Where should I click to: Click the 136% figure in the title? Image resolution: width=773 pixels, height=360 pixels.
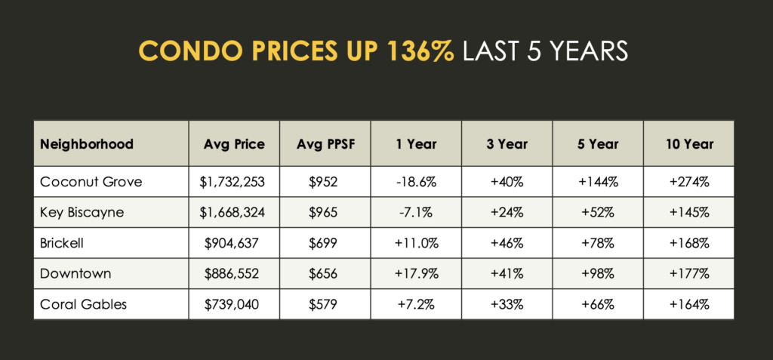click(420, 51)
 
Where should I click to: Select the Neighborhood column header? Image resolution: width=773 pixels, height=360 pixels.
click(87, 144)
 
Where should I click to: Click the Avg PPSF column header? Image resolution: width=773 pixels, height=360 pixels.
click(325, 144)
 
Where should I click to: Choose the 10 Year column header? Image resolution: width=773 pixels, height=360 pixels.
click(688, 144)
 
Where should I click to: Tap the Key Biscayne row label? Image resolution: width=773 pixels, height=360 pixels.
click(82, 213)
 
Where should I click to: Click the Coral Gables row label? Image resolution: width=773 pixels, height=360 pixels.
click(83, 304)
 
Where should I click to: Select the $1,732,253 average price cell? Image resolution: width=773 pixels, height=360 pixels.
click(233, 183)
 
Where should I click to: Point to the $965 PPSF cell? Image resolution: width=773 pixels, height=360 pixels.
click(324, 213)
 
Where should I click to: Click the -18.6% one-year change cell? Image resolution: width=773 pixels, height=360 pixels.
click(415, 182)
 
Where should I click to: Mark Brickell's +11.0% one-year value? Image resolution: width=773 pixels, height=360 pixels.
click(415, 243)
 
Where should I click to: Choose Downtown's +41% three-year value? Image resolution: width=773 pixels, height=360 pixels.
click(507, 274)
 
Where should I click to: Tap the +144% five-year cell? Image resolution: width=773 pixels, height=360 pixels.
click(598, 182)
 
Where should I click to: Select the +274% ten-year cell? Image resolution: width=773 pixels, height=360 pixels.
click(689, 182)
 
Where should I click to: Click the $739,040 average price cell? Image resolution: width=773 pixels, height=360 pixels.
click(233, 305)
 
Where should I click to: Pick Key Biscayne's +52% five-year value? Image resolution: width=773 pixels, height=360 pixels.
click(598, 213)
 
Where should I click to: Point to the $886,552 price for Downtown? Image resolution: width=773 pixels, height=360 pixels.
click(233, 274)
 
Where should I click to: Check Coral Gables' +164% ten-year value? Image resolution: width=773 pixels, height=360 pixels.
click(689, 304)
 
